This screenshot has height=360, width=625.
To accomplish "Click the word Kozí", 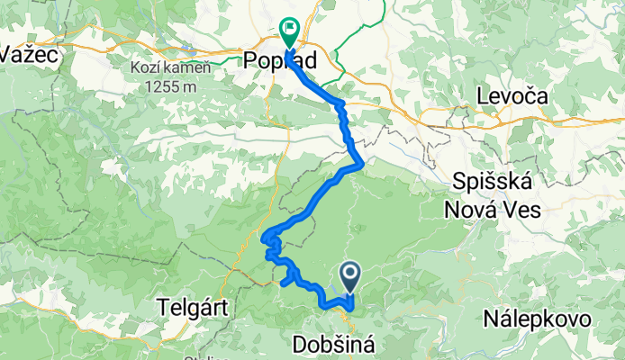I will [x=144, y=68].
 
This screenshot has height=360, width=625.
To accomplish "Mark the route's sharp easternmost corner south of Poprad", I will [x=362, y=164].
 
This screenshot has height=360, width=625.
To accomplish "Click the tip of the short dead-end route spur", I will [x=283, y=283].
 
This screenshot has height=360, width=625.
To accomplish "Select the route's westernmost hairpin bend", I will [x=265, y=238].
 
